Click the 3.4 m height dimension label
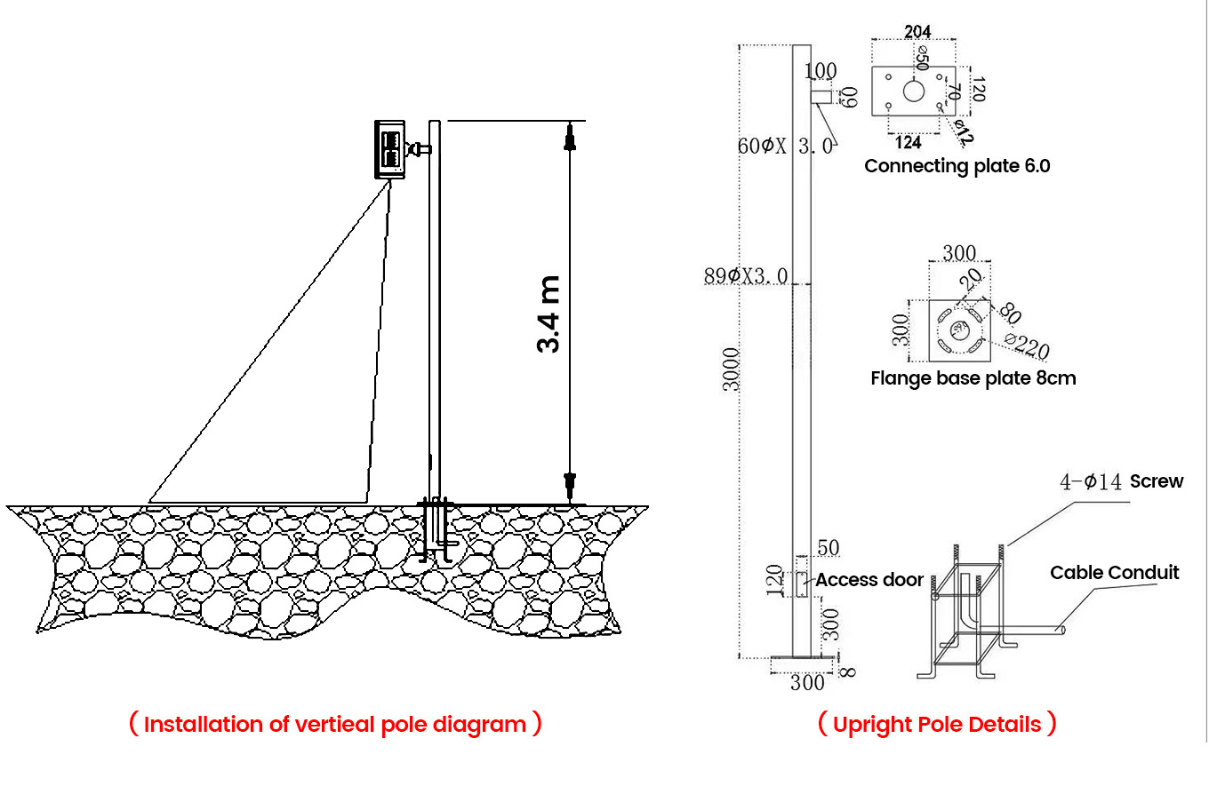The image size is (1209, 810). [548, 314]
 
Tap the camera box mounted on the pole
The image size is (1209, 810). [389, 148]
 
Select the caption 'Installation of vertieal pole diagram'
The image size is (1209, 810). [335, 724]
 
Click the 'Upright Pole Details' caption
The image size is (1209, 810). [937, 724]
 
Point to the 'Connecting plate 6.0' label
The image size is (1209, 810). [957, 166]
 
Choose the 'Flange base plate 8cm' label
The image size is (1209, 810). [973, 378]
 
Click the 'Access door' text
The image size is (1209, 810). [869, 580]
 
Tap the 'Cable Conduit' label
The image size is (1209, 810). [1114, 573]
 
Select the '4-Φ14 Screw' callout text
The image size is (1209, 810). [1121, 481]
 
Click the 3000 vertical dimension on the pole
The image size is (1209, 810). [731, 369]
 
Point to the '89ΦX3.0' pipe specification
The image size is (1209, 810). [745, 276]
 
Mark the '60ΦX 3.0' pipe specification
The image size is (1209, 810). [785, 146]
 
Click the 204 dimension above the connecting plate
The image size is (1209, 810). [917, 32]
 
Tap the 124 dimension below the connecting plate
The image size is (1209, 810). [908, 142]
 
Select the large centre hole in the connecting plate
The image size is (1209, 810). [914, 91]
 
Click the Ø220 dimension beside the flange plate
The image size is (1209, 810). [1027, 345]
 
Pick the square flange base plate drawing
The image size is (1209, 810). [959, 330]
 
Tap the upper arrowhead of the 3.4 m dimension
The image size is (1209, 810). [570, 139]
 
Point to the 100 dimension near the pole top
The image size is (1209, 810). [821, 71]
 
